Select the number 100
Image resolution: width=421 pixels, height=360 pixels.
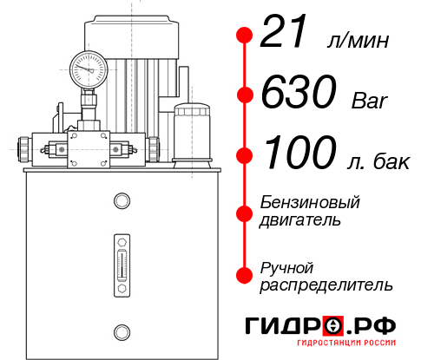click(301, 154)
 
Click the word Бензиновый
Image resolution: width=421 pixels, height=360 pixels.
click(310, 202)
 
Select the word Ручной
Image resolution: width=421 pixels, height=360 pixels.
click(286, 266)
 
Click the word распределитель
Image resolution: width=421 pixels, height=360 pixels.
click(327, 284)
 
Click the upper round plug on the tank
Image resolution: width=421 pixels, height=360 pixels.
click(121, 201)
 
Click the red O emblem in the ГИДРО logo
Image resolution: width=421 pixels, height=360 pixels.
click(334, 325)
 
